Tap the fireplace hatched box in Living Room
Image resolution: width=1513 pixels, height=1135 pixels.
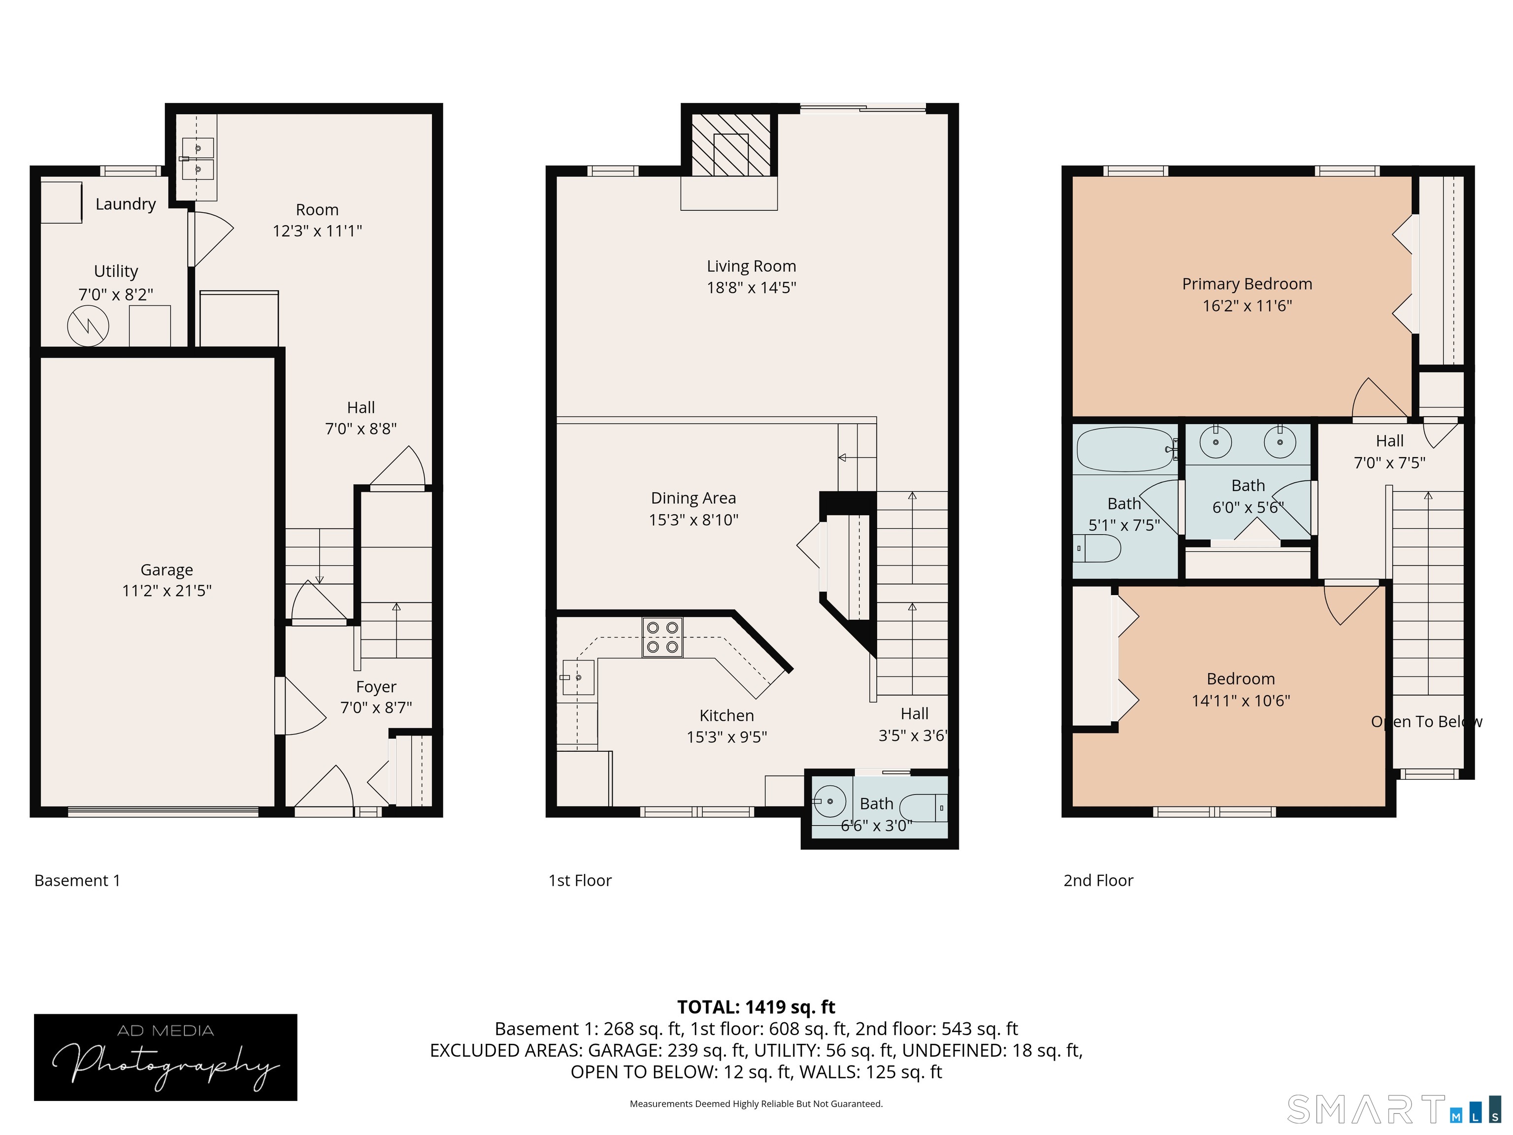730,144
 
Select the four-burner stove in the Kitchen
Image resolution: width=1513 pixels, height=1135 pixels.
662,637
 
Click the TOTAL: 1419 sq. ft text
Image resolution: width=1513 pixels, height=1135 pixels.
756,1007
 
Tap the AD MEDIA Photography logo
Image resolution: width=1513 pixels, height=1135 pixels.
165,1057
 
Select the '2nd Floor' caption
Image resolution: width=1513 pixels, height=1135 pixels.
1098,880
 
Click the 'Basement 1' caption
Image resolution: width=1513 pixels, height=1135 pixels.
77,880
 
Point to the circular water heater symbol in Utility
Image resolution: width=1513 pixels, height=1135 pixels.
88,326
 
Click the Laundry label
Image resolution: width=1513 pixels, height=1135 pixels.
125,204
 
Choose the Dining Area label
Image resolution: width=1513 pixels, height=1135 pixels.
693,498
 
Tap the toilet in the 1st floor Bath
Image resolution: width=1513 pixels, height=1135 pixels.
924,808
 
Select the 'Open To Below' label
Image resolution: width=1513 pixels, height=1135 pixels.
1426,722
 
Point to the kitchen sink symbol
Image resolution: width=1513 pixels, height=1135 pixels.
578,677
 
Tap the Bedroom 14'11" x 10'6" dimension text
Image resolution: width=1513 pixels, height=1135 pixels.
1240,701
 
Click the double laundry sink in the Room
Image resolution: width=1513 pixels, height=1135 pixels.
197,158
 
